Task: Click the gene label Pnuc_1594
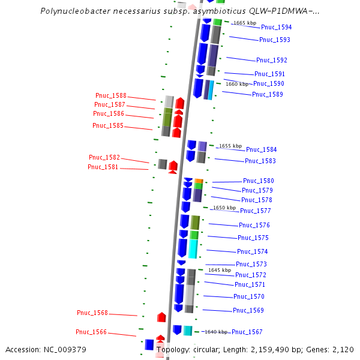pyautogui.click(x=276, y=27)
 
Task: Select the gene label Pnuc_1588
pyautogui.click(x=111, y=95)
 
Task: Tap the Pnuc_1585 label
pyautogui.click(x=108, y=125)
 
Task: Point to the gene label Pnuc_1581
pyautogui.click(x=104, y=167)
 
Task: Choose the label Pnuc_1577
pyautogui.click(x=255, y=211)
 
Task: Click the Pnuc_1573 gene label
pyautogui.click(x=251, y=264)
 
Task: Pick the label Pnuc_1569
pyautogui.click(x=248, y=310)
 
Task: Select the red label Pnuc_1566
pyautogui.click(x=91, y=332)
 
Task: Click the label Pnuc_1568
pyautogui.click(x=92, y=313)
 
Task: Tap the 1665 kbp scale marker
pyautogui.click(x=244, y=23)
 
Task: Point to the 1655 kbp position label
pyautogui.click(x=230, y=146)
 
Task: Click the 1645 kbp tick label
pyautogui.click(x=219, y=270)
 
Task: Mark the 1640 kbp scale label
pyautogui.click(x=216, y=332)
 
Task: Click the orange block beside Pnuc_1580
pyautogui.click(x=198, y=181)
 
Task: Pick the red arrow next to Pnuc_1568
pyautogui.click(x=161, y=317)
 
